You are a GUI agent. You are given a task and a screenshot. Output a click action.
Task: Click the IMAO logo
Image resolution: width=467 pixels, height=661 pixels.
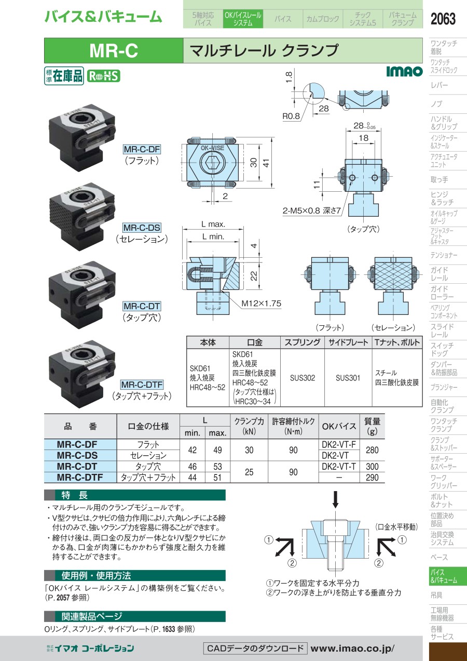click(x=404, y=71)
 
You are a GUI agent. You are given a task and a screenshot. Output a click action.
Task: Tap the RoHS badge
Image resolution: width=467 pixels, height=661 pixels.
click(x=103, y=76)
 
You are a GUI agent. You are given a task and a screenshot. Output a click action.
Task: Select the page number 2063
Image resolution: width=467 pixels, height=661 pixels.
click(x=443, y=19)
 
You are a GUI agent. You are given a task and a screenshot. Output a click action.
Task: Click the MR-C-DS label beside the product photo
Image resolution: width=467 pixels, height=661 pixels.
click(x=142, y=228)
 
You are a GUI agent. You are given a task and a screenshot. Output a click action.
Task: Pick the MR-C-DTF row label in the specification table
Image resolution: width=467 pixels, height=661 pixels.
click(x=80, y=477)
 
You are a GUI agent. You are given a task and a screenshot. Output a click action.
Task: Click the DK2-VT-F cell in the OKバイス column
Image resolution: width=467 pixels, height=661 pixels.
click(x=339, y=444)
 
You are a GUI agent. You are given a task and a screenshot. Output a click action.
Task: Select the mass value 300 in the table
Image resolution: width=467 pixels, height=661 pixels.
click(x=372, y=467)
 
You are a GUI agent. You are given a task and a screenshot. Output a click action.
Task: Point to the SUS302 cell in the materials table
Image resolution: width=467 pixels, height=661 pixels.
click(x=303, y=378)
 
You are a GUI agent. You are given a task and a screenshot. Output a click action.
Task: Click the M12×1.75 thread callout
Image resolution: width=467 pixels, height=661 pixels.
click(x=261, y=303)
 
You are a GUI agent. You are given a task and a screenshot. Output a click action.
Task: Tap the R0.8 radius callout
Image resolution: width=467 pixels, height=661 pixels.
click(x=291, y=116)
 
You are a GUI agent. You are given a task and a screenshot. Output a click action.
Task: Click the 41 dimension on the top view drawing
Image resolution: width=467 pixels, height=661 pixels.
click(x=266, y=163)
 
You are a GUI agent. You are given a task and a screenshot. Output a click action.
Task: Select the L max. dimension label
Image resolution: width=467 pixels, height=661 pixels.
click(x=213, y=224)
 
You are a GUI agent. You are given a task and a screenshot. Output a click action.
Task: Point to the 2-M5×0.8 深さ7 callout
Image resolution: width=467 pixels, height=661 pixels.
click(x=312, y=210)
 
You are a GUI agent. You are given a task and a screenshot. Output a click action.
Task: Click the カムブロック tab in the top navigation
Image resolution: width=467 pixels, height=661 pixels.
click(x=323, y=19)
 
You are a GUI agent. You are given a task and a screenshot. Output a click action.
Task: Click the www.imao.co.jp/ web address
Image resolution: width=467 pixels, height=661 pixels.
click(x=352, y=649)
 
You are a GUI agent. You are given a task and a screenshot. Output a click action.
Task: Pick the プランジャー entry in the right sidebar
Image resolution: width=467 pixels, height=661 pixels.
click(x=444, y=387)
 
